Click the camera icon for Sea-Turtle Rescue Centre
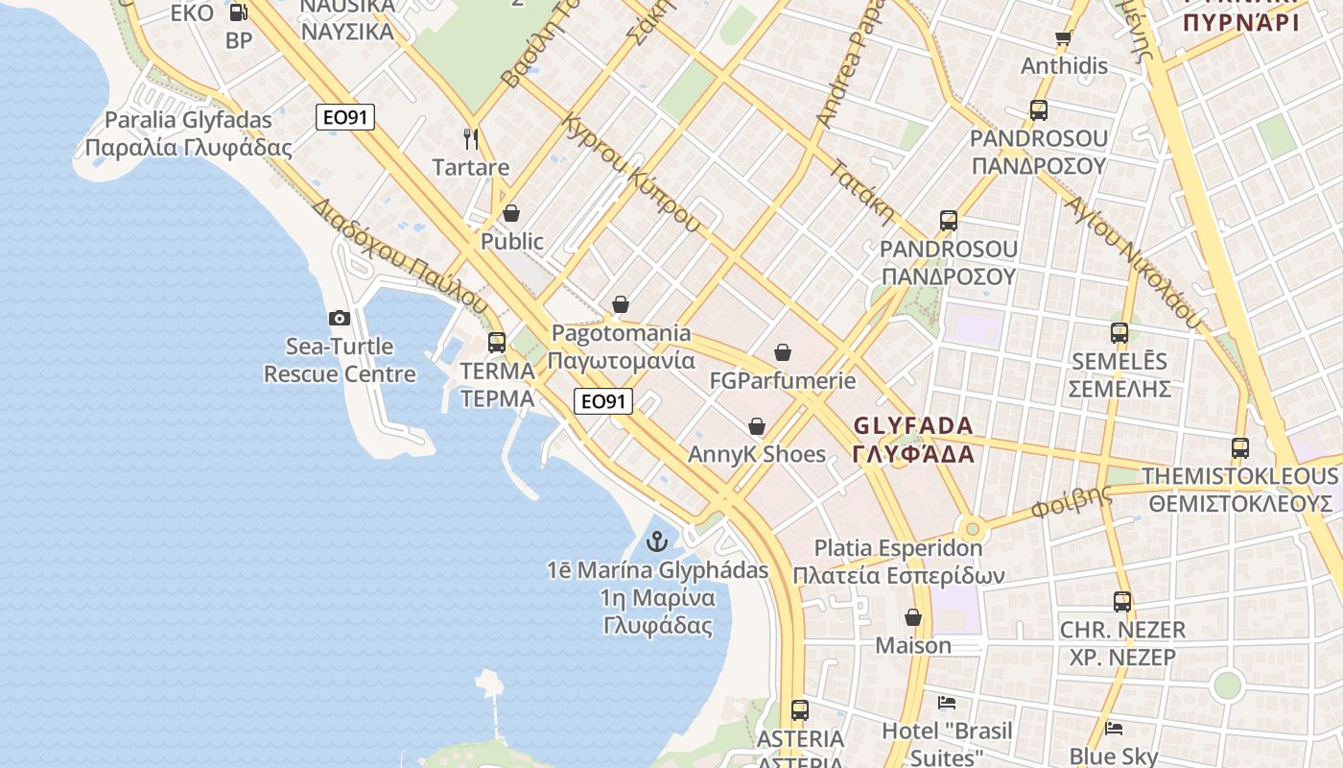pyautogui.click(x=339, y=319)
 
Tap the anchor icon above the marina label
pyautogui.click(x=657, y=541)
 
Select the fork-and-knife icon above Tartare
pyautogui.click(x=471, y=139)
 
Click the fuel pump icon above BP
pyautogui.click(x=239, y=12)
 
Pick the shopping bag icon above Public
pyautogui.click(x=511, y=213)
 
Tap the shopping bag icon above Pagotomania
pyautogui.click(x=621, y=305)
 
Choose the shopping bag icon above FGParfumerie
pyautogui.click(x=783, y=353)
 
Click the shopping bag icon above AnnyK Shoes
pyautogui.click(x=757, y=426)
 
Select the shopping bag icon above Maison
pyautogui.click(x=913, y=617)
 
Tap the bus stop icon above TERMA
pyautogui.click(x=497, y=343)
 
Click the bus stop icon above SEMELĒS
pyautogui.click(x=1119, y=334)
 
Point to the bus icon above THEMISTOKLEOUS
pyautogui.click(x=1240, y=448)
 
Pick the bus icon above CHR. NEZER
pyautogui.click(x=1122, y=603)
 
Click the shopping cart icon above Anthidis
pyautogui.click(x=1063, y=38)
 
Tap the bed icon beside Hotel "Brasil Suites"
pyautogui.click(x=947, y=703)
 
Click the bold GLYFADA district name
pyautogui.click(x=912, y=425)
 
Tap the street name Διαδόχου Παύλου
pyautogui.click(x=400, y=254)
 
